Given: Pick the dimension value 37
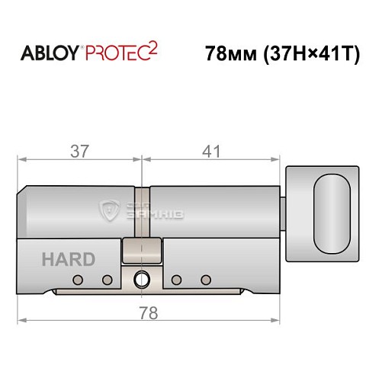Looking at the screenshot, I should [x=79, y=151].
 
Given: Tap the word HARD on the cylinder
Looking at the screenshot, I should [x=69, y=260].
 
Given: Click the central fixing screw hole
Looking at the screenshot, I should [x=142, y=280].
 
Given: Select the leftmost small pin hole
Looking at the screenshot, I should [x=76, y=280].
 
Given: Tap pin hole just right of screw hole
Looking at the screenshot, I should [x=176, y=280].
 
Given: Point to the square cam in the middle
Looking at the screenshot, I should [x=142, y=249].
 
